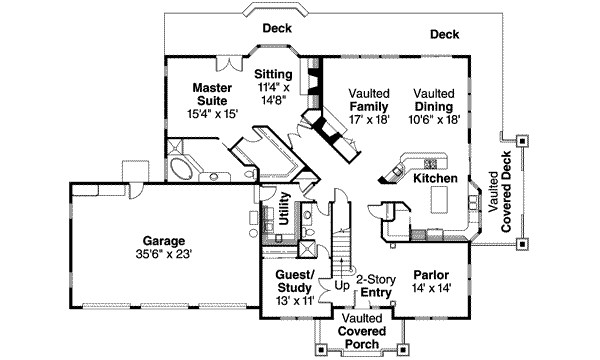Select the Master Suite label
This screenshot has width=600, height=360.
pos(212,94)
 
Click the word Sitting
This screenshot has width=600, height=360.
pos(273,74)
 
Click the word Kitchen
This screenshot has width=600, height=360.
pos(436,178)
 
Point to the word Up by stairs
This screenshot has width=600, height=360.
pos(342,285)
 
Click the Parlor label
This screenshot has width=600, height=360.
pos(431,274)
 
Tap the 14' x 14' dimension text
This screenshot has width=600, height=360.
pos(431,288)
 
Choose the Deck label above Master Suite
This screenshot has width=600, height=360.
pos(277,28)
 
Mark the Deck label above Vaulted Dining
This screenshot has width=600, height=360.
pos(445,34)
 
